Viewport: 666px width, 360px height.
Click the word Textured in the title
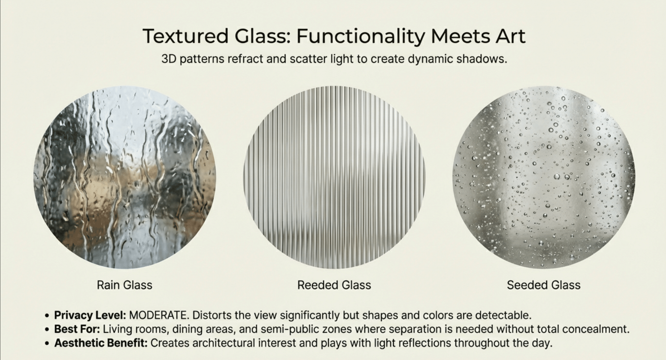coord(185,36)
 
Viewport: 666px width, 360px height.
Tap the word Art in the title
coord(510,36)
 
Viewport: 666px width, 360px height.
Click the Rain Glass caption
coord(125,285)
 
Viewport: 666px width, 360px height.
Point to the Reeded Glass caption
coord(334,285)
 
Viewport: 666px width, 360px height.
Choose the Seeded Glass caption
coord(543,285)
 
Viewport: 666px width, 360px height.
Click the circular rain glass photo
coord(125,177)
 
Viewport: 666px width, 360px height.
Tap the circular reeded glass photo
coord(334,177)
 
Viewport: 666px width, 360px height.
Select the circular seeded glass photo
coord(544,177)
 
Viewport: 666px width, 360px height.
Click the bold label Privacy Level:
coord(90,315)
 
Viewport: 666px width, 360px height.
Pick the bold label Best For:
coord(77,329)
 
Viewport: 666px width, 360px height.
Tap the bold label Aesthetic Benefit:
coord(101,343)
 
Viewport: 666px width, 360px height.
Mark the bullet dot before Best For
coord(47,330)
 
